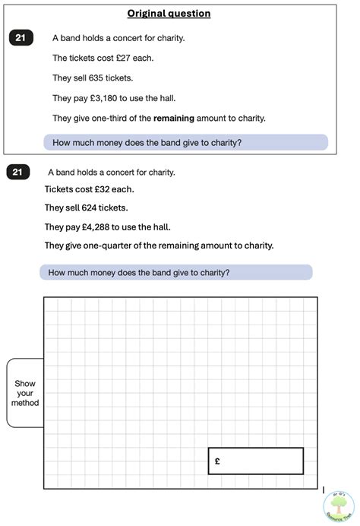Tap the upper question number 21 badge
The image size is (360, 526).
pos(21,36)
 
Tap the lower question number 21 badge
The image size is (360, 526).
pos(17,173)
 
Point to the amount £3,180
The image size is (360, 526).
pos(106,98)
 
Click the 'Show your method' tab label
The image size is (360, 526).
pos(25,393)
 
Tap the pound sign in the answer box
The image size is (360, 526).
pos(218,461)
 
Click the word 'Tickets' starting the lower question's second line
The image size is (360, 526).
pos(59,189)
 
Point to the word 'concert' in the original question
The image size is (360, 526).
pos(124,38)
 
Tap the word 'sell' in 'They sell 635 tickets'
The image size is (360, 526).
pos(82,78)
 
